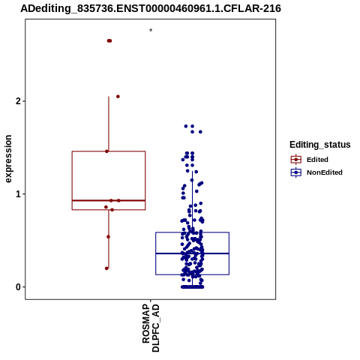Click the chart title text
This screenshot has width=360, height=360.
151,8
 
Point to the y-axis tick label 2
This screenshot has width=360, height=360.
18,101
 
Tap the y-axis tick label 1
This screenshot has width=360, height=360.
18,194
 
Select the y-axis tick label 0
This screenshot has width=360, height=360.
18,287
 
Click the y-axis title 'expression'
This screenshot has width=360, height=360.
8,159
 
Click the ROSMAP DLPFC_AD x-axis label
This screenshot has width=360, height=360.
151,328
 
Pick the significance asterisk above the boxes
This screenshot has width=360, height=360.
151,31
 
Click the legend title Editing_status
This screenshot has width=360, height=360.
320,145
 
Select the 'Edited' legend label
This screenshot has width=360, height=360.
317,160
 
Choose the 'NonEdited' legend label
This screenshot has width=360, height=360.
325,172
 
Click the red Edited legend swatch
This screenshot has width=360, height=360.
296,160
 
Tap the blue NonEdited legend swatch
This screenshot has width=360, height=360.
296,172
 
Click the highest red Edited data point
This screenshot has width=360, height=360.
109,40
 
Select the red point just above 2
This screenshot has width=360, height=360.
118,97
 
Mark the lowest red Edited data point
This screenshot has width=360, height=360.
106,268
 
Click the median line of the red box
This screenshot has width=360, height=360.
109,200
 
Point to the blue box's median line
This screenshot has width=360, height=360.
192,253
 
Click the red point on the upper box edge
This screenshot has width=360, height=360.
106,151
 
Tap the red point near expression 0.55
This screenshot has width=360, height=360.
108,237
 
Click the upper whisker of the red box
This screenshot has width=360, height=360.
109,124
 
